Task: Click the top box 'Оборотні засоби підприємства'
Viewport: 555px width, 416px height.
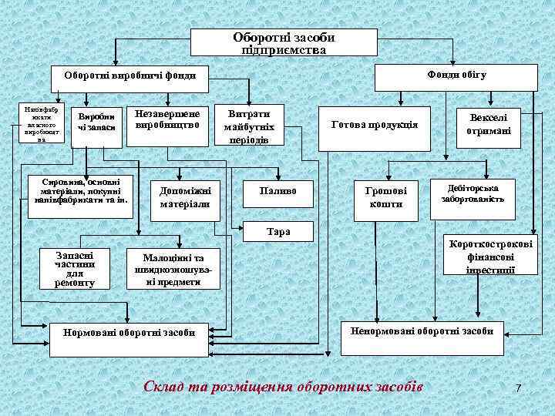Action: [284, 42]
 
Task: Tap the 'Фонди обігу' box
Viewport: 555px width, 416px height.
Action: [455, 75]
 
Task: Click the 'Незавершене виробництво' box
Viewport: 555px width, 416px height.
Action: [167, 121]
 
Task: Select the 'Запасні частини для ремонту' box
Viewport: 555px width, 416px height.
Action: [75, 268]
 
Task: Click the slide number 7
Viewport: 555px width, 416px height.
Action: [518, 387]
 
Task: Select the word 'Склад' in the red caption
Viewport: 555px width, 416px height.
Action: [161, 385]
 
